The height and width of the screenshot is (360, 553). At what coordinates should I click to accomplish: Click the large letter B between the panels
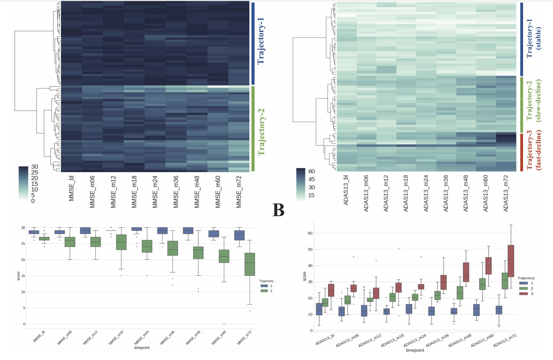[278, 210]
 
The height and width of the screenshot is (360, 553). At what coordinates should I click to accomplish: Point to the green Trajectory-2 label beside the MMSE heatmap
[260, 128]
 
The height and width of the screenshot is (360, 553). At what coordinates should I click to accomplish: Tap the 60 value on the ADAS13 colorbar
[311, 171]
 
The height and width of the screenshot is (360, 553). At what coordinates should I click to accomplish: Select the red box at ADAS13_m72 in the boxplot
[511, 261]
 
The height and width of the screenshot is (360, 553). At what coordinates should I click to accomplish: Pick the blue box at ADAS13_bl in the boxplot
[319, 309]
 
